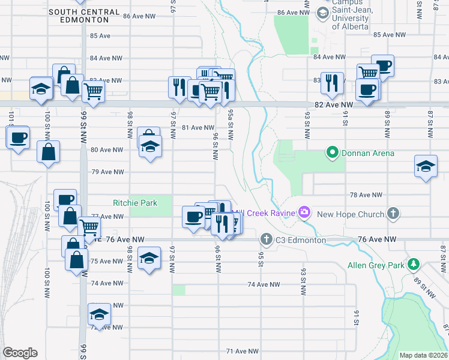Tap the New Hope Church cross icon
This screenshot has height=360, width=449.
(393, 213)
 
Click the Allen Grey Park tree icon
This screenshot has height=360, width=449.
(413, 264)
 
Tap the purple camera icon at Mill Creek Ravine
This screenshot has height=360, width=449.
(304, 212)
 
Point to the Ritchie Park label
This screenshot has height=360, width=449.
(135, 203)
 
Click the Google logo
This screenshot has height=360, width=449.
(20, 353)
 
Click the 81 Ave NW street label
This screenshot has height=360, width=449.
(197, 127)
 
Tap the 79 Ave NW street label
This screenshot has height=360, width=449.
(107, 172)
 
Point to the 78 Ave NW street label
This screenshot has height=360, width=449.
(366, 195)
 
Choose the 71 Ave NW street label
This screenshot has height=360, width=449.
(242, 351)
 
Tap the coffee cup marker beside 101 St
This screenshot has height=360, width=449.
(17, 138)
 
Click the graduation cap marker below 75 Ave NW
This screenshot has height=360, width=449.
(149, 258)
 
